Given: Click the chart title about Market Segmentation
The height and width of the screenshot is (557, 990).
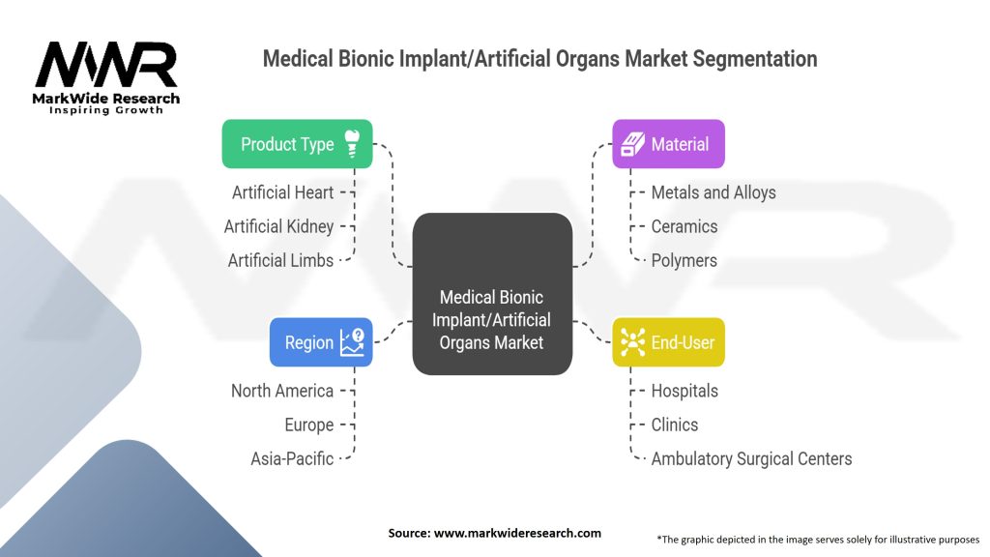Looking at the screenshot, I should pyautogui.click(x=539, y=59).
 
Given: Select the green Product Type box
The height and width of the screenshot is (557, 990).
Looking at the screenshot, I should pyautogui.click(x=297, y=144).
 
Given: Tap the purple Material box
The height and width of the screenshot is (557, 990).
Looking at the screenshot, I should pyautogui.click(x=668, y=144).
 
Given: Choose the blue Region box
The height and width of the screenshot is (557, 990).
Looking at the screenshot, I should pyautogui.click(x=321, y=342).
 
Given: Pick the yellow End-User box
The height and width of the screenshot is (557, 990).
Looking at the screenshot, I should pyautogui.click(x=668, y=342).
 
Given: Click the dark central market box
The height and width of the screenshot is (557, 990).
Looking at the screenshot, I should pyautogui.click(x=492, y=294).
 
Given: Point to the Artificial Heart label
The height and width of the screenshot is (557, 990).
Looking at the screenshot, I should pyautogui.click(x=282, y=192).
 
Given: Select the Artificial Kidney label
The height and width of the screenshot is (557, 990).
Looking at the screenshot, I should pyautogui.click(x=278, y=226).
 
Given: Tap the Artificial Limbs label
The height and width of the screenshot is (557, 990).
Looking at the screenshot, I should pyautogui.click(x=280, y=260).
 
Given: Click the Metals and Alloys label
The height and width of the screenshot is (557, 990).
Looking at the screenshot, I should pyautogui.click(x=713, y=192).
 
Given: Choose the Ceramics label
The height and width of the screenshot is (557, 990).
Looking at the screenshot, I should pyautogui.click(x=684, y=226).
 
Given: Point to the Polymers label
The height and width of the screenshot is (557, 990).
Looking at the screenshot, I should pyautogui.click(x=684, y=260).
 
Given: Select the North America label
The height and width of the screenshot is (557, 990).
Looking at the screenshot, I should pyautogui.click(x=282, y=391).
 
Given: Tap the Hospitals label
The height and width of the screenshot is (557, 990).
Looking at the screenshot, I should pyautogui.click(x=684, y=391).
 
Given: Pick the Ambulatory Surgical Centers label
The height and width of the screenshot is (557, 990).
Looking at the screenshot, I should pyautogui.click(x=751, y=458).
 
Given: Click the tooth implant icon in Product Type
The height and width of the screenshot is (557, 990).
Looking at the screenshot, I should pyautogui.click(x=352, y=143).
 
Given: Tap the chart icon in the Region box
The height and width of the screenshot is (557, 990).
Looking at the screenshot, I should pyautogui.click(x=352, y=341).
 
